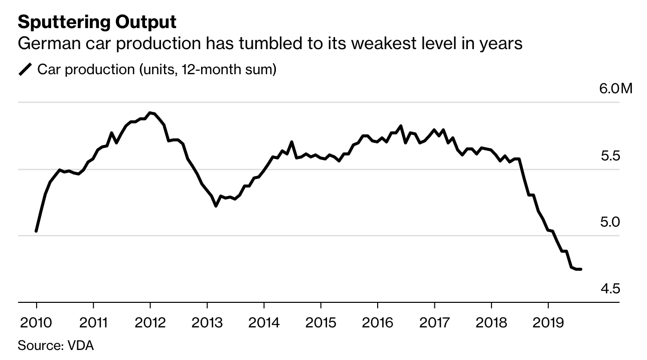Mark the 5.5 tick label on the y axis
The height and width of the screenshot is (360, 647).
click(x=611, y=156)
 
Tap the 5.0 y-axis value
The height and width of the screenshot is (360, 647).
click(x=611, y=222)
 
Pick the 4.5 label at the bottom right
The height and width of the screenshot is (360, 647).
click(x=611, y=289)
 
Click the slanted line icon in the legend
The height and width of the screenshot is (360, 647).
click(x=25, y=69)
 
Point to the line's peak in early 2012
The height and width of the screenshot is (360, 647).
click(x=150, y=113)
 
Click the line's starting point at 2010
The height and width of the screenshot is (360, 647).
click(x=37, y=231)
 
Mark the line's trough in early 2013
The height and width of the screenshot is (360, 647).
click(x=216, y=206)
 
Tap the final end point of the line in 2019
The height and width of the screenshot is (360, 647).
click(x=580, y=269)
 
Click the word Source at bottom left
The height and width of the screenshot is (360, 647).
click(x=38, y=345)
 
